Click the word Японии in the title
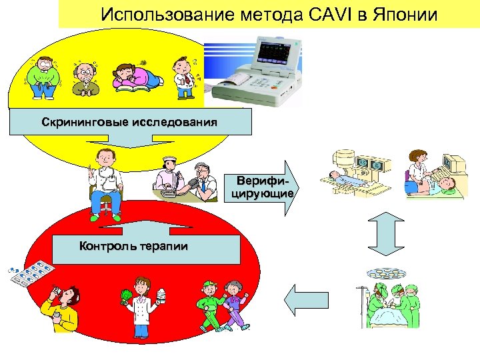coord(401,14)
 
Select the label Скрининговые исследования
coord(129,123)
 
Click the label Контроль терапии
coord(133,246)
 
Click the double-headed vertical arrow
coord(383,236)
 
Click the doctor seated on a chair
coord(105,183)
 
